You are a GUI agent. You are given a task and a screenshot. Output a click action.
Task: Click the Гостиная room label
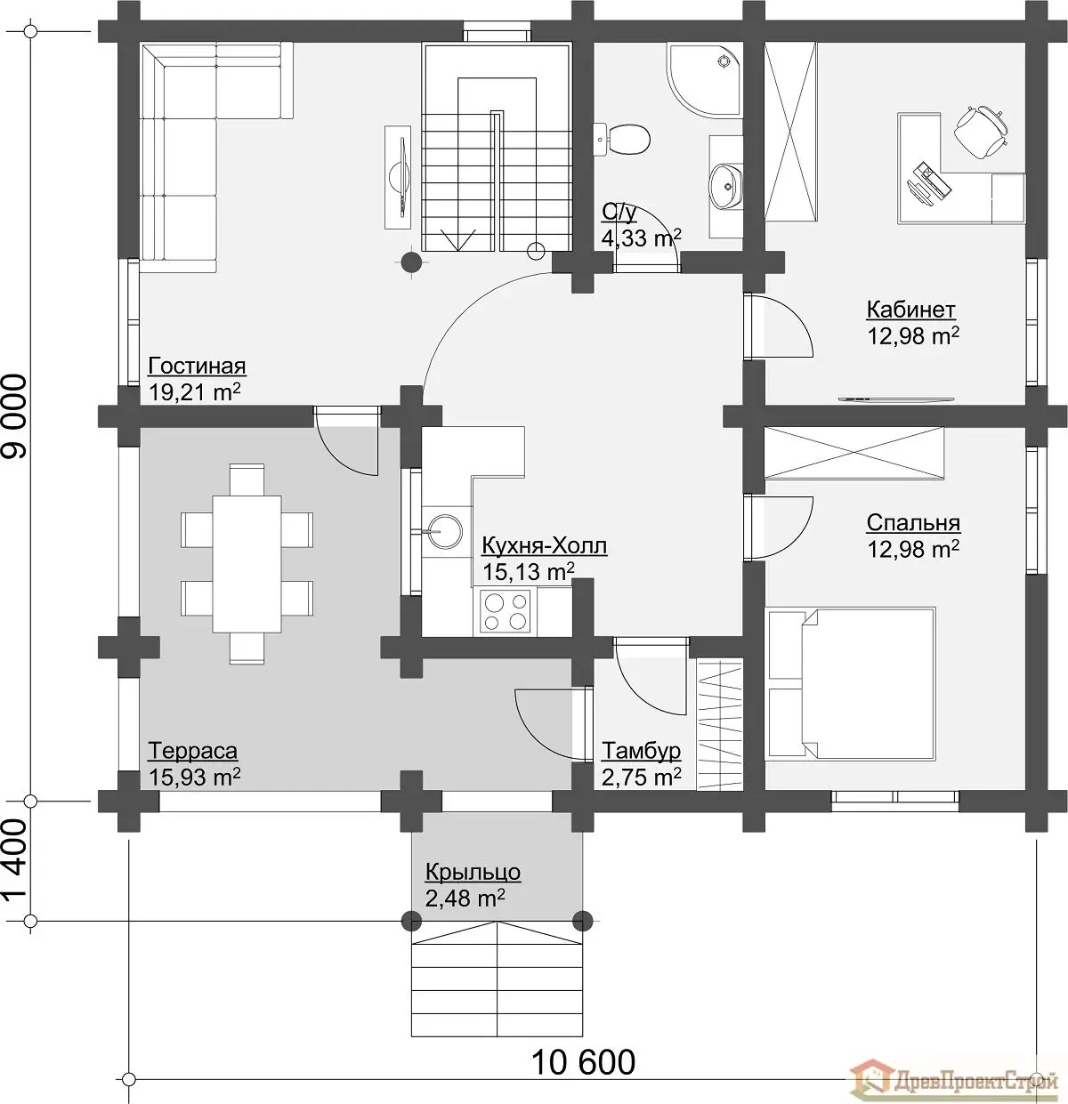[x=197, y=367]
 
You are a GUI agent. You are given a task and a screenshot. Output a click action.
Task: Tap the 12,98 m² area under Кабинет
[x=913, y=336]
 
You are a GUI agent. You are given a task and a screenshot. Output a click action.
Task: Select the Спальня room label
[x=913, y=522]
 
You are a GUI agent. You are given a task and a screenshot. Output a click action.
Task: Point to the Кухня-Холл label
[x=544, y=545]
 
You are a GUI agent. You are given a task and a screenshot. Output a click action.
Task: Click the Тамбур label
[x=642, y=751]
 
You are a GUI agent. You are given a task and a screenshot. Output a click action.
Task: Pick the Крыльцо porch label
[x=473, y=872]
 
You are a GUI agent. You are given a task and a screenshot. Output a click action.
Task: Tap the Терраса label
[x=192, y=751]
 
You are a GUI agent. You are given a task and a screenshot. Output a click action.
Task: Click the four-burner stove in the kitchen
[x=505, y=611]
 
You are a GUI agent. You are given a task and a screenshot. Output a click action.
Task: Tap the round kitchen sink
[x=446, y=531]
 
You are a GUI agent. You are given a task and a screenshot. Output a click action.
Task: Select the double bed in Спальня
[x=850, y=683]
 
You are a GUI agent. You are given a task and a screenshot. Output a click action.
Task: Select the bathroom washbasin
[x=726, y=186]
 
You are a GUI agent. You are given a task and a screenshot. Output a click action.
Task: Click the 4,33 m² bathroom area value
[x=642, y=238]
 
